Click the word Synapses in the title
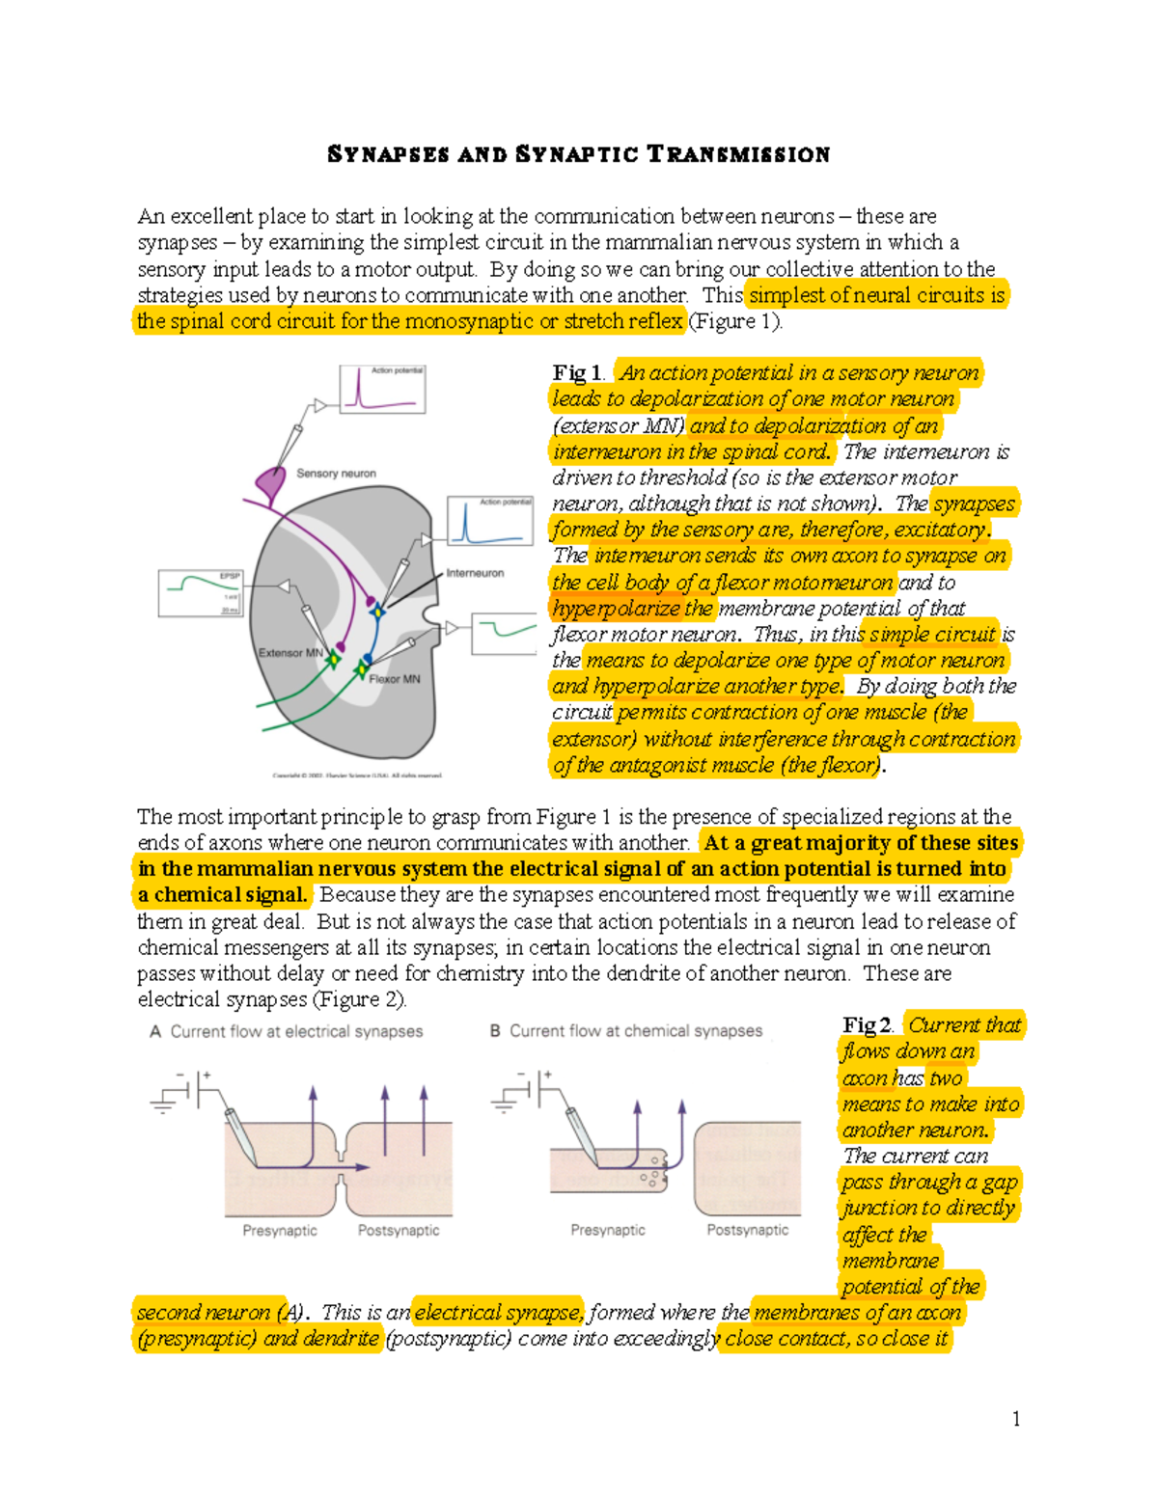point(388,154)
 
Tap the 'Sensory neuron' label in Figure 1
point(336,474)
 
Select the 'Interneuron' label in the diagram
point(475,573)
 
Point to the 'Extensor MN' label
point(289,653)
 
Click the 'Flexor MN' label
point(395,679)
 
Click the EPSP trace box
point(201,592)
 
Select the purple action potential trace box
point(382,389)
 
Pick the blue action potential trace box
point(490,521)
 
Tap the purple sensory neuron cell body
point(271,479)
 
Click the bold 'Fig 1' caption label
point(576,373)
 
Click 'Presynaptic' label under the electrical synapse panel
point(280,1231)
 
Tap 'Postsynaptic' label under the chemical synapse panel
point(747,1230)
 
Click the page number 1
point(1016,1418)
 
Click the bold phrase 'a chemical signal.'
point(223,895)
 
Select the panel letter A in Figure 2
point(155,1031)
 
